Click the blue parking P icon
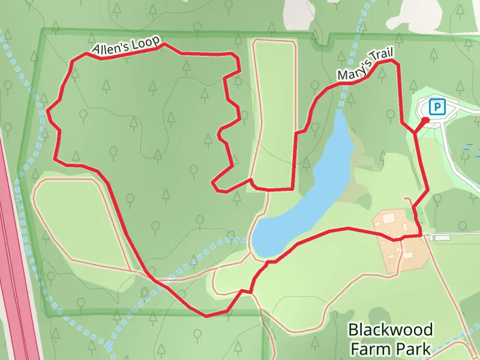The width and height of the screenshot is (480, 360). coord(437,107)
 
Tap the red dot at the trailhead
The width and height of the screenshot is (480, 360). coord(425,121)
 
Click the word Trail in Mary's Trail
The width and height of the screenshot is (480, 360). coord(382,57)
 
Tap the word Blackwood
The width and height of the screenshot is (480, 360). coord(390,330)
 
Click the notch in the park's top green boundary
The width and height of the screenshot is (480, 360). coord(323,43)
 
